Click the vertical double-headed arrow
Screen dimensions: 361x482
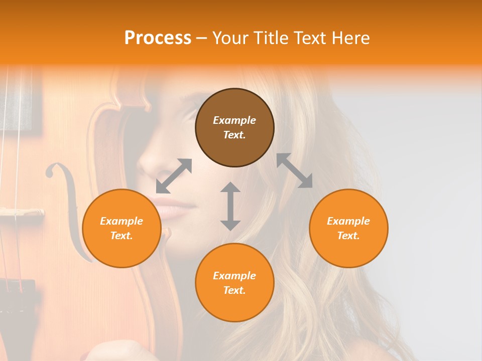pos(230,206)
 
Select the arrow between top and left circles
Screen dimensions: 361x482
pos(174,176)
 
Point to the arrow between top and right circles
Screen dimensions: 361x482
pos(294,170)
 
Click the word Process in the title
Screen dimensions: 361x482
pos(158,38)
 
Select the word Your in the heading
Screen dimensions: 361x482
pos(230,38)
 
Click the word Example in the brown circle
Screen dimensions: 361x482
pos(234,120)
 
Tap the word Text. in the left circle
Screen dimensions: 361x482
pos(122,236)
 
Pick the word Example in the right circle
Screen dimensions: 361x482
pos(348,221)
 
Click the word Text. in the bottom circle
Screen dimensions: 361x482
pos(234,290)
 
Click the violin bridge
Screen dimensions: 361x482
pos(23,213)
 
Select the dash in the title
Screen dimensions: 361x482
pos(202,38)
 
